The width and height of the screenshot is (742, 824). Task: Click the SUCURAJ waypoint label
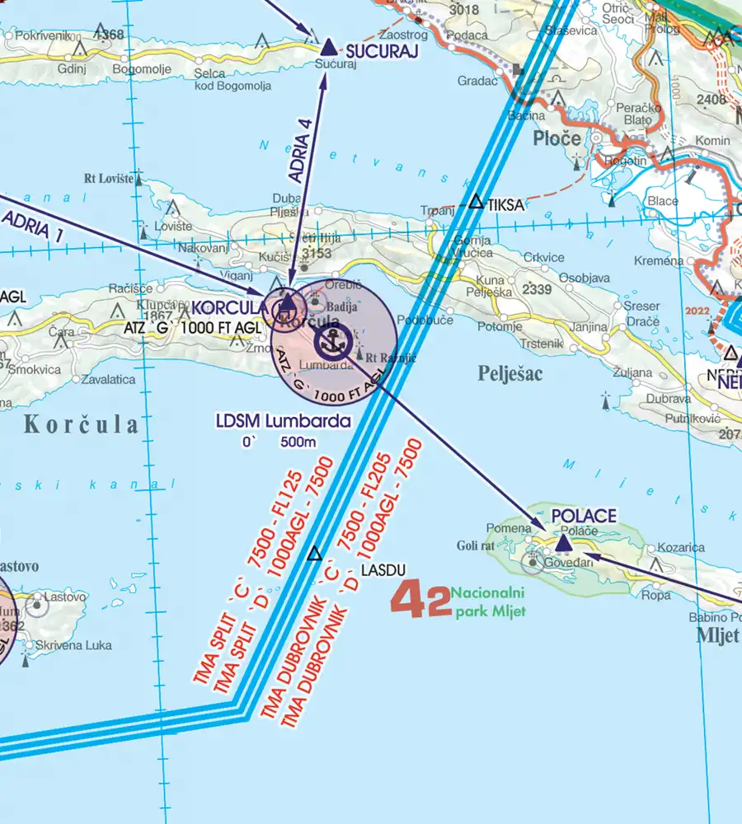pyautogui.click(x=382, y=52)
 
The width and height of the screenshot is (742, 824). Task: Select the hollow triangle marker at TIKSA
pyautogui.click(x=477, y=201)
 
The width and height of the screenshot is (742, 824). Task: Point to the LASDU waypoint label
pyautogui.click(x=383, y=569)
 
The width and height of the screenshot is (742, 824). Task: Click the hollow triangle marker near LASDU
pyautogui.click(x=314, y=554)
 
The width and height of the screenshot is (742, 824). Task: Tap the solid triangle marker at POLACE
pyautogui.click(x=564, y=543)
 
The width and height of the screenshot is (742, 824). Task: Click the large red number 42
pyautogui.click(x=420, y=600)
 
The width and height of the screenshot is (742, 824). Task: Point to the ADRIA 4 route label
pyautogui.click(x=303, y=147)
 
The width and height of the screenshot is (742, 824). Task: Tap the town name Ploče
pyautogui.click(x=556, y=138)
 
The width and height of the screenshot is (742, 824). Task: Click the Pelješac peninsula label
pyautogui.click(x=510, y=373)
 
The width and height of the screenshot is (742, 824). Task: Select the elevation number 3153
pyautogui.click(x=315, y=252)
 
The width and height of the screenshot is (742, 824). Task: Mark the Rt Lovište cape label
pyautogui.click(x=107, y=177)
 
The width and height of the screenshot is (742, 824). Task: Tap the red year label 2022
pyautogui.click(x=698, y=311)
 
